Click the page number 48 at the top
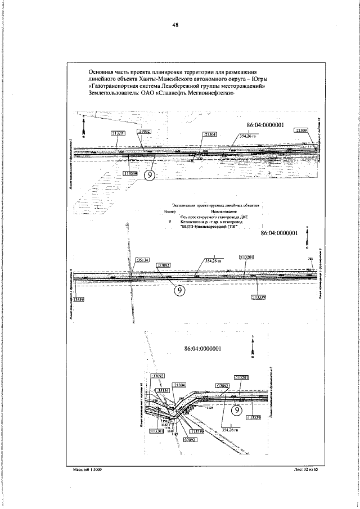[x=175, y=25]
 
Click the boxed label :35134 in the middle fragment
[x=143, y=259]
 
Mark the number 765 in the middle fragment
[x=310, y=258]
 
